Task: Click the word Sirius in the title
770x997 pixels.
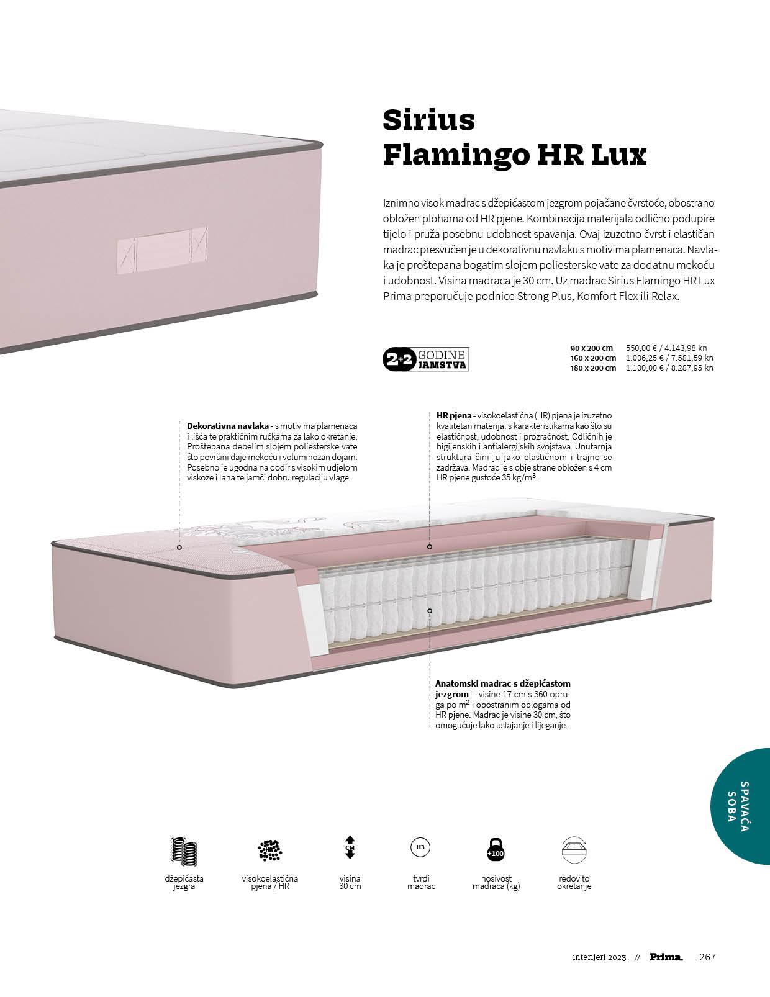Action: pos(428,120)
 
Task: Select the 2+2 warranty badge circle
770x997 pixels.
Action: pos(396,359)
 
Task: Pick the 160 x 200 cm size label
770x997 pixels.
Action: pos(593,358)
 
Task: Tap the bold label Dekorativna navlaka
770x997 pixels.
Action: pos(228,426)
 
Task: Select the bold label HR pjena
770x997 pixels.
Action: pos(454,415)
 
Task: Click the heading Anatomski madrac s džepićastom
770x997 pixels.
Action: pos(503,683)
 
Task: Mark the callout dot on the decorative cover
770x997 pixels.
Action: pos(179,548)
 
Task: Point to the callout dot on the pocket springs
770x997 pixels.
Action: pos(429,611)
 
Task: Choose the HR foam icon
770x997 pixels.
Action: pos(269,850)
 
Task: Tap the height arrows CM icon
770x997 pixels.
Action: pos(350,847)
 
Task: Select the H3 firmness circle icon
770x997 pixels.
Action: pos(420,847)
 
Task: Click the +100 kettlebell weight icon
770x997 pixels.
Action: pos(496,850)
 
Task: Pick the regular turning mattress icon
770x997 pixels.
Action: pos(574,849)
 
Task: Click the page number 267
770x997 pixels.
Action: pos(707,957)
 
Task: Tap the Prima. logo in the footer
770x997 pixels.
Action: pos(666,957)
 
